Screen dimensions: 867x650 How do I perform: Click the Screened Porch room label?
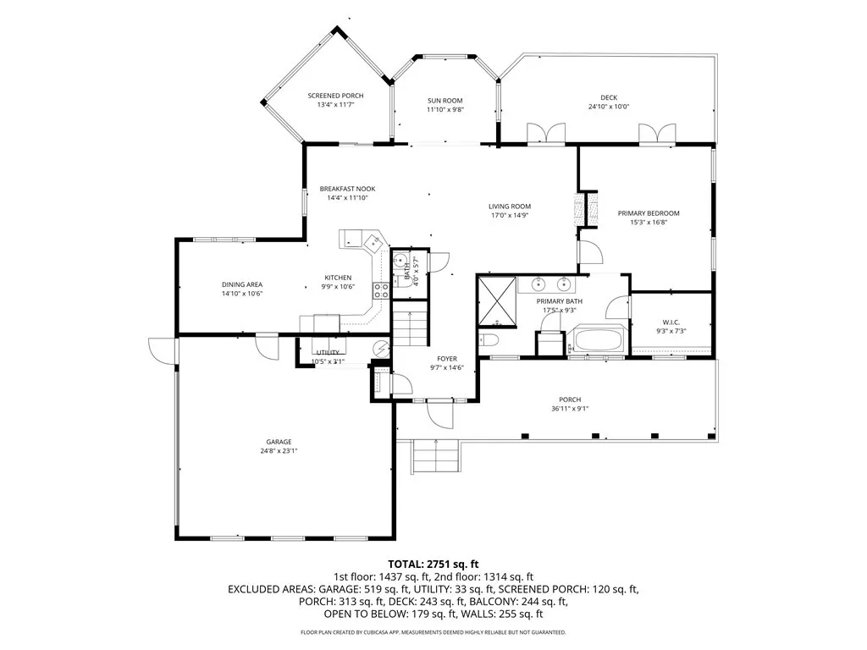pyautogui.click(x=335, y=96)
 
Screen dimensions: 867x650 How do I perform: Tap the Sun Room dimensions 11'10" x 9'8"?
pyautogui.click(x=445, y=109)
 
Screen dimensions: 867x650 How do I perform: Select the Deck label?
pyautogui.click(x=609, y=98)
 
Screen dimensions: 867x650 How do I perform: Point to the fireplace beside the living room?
pyautogui.click(x=586, y=208)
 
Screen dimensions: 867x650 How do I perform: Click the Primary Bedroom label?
pyautogui.click(x=649, y=213)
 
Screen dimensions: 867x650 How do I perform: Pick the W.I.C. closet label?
pyautogui.click(x=671, y=322)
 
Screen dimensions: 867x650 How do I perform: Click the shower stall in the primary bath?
pyautogui.click(x=497, y=301)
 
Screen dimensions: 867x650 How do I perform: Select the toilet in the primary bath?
pyautogui.click(x=489, y=339)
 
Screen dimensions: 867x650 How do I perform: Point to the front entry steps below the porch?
pyautogui.click(x=436, y=456)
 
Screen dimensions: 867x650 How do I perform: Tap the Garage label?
pyautogui.click(x=279, y=442)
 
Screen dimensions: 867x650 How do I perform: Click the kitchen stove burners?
pyautogui.click(x=380, y=290)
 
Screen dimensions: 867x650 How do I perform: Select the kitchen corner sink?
pyautogui.click(x=373, y=241)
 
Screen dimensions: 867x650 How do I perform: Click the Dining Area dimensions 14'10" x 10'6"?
pyautogui.click(x=242, y=294)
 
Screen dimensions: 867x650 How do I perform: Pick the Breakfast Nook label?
pyautogui.click(x=347, y=189)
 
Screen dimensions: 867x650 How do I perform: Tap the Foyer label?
pyautogui.click(x=447, y=359)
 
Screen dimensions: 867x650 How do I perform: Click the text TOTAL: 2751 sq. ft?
pyautogui.click(x=433, y=565)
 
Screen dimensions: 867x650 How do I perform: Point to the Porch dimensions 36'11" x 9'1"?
pyautogui.click(x=570, y=409)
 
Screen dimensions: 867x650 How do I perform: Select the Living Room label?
pyautogui.click(x=509, y=207)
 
